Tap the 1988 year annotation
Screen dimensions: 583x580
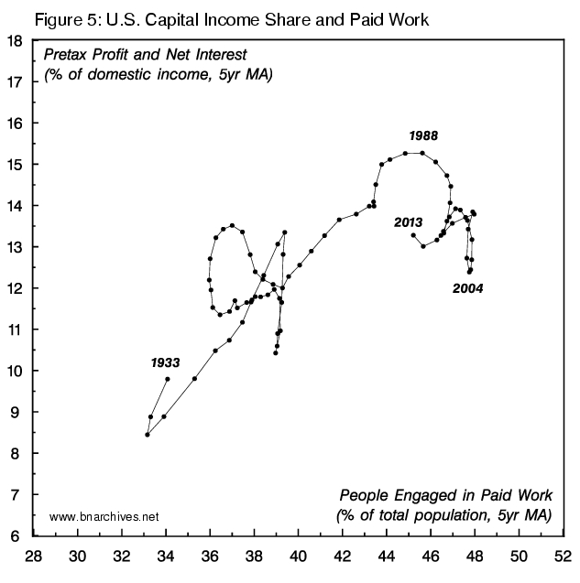tap(423, 136)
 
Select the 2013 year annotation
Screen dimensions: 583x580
tap(408, 222)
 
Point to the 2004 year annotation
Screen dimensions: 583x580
tap(467, 288)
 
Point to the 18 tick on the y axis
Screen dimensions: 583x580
tap(16, 41)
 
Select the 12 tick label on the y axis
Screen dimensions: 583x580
tap(16, 288)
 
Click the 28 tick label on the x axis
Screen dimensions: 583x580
tap(34, 555)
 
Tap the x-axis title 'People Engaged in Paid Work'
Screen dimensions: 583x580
tap(444, 494)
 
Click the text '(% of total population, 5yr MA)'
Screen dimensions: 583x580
tap(443, 515)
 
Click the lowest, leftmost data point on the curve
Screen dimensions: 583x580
tap(148, 435)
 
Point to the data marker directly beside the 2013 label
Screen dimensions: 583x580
tap(413, 235)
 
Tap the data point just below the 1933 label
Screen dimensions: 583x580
tap(168, 378)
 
